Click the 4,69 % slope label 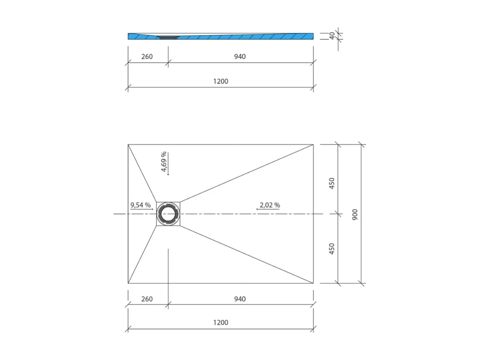click(164, 162)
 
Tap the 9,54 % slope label click(140, 205)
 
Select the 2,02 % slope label click(270, 205)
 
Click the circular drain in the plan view click(168, 214)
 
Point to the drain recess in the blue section click(168, 37)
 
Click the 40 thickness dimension click(332, 36)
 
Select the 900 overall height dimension click(355, 214)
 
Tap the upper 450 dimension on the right click(332, 183)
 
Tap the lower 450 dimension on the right click(332, 249)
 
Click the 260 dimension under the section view click(147, 57)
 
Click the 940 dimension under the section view click(240, 57)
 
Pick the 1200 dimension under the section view click(221, 81)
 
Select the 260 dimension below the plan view click(147, 299)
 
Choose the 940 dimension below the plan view click(240, 299)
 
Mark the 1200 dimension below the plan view click(221, 323)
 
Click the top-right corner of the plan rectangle click(313, 144)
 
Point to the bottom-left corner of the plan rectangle click(128, 283)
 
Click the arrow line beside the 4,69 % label click(168, 163)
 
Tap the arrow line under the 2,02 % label click(268, 209)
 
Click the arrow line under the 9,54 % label click(141, 209)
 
